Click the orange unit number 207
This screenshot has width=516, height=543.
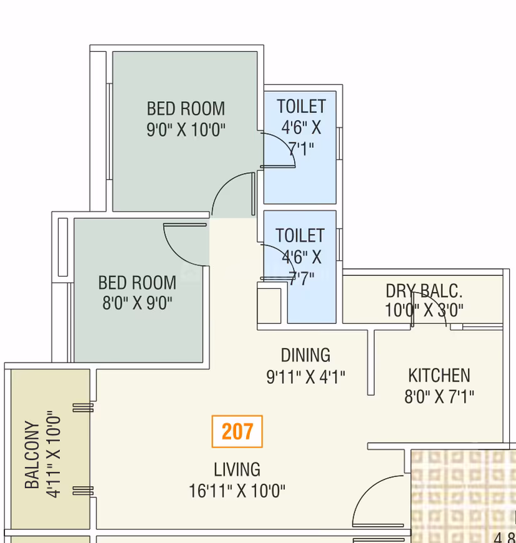click(x=237, y=431)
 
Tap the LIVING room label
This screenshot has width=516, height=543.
click(x=237, y=470)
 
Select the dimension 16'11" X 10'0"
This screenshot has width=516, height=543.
click(x=237, y=491)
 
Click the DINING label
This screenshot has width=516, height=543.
click(x=305, y=355)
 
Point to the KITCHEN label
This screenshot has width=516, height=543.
click(x=439, y=375)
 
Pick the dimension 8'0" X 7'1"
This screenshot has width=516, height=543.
click(x=439, y=396)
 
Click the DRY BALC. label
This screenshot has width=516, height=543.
click(x=424, y=291)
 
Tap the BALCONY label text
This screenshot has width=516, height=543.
click(x=32, y=455)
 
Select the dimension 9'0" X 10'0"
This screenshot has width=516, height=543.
click(x=186, y=130)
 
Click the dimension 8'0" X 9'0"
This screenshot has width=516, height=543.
click(x=137, y=303)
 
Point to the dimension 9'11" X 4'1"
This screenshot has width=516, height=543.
click(x=305, y=377)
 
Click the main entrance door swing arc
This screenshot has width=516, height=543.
click(x=367, y=489)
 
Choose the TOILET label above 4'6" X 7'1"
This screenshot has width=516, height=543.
click(x=301, y=106)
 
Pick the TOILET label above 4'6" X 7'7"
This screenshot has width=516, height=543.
click(x=300, y=235)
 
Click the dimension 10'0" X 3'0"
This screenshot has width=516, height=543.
click(x=424, y=310)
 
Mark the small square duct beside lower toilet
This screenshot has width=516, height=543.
click(x=269, y=306)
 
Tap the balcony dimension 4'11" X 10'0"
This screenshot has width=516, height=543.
click(x=54, y=455)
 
